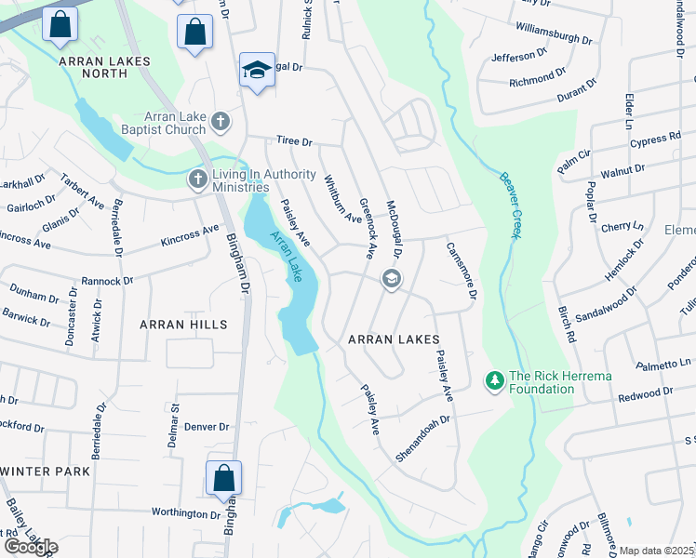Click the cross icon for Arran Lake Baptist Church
click(221, 121)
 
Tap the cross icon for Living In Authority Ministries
click(197, 178)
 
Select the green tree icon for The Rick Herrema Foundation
click(494, 379)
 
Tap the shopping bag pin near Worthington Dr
click(223, 479)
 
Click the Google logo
click(31, 547)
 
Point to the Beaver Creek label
click(508, 206)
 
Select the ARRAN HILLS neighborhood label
click(182, 325)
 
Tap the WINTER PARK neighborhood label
click(46, 472)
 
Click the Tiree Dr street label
click(294, 141)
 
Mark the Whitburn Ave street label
click(341, 198)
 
